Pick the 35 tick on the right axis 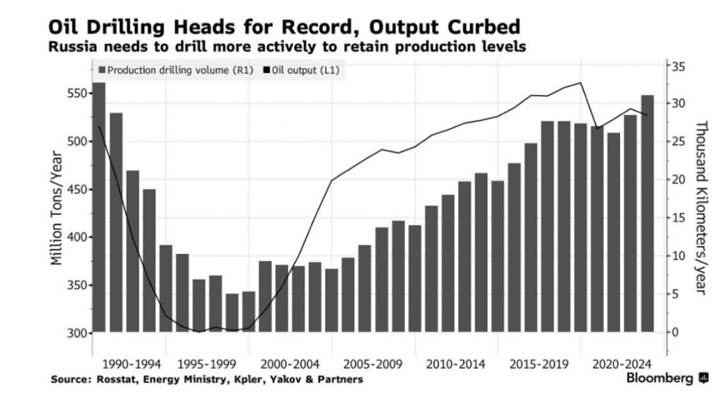(x=678, y=66)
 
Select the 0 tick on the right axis (x=675, y=332)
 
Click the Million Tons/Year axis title (x=57, y=213)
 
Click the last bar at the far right (x=647, y=212)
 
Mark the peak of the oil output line (x=580, y=83)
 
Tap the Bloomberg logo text (x=660, y=379)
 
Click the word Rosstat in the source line (x=117, y=379)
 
